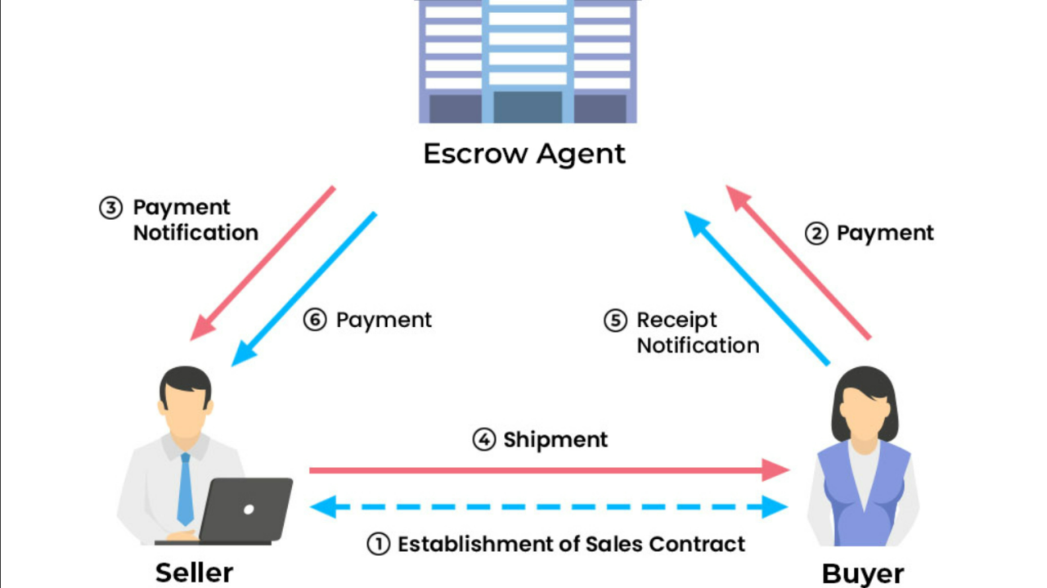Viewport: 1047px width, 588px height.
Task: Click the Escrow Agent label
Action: (x=523, y=154)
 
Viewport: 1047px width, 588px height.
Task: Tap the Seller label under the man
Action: (x=194, y=572)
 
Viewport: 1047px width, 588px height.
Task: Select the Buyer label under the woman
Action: (x=862, y=573)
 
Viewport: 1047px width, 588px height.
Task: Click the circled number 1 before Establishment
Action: (x=378, y=544)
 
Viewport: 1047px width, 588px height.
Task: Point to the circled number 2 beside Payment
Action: (x=816, y=234)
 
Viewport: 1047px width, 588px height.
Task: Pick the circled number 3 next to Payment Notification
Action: (x=110, y=208)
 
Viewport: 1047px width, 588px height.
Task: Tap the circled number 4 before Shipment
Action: (x=484, y=440)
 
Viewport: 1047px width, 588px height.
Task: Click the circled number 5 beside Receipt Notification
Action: (x=616, y=321)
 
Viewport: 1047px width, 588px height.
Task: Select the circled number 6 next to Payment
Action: (x=315, y=320)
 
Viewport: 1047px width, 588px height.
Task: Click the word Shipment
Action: (x=555, y=440)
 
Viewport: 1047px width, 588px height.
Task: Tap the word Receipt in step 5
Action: (x=676, y=320)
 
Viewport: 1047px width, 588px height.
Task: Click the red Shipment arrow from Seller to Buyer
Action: (x=540, y=470)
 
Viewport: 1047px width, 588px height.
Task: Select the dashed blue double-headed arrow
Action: (x=548, y=507)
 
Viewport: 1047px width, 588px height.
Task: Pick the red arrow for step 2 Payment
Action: (x=798, y=262)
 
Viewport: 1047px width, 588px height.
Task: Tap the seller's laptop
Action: (x=245, y=509)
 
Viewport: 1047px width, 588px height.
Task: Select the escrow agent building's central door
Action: (x=528, y=106)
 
